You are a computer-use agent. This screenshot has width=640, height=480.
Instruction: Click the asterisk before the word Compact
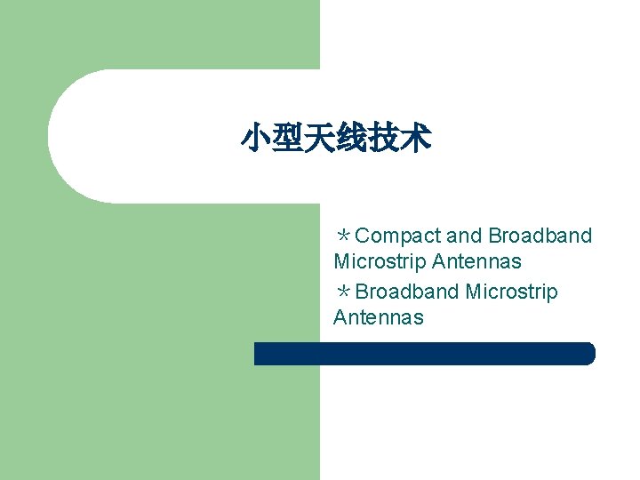[342, 236]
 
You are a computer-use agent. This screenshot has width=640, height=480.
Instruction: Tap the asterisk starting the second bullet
[342, 292]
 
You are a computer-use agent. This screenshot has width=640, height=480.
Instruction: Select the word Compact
[397, 236]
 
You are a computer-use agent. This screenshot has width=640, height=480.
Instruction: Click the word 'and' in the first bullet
[463, 236]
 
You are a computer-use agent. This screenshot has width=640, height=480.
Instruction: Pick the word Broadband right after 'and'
[540, 236]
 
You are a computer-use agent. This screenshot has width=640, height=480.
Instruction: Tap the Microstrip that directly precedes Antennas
[380, 262]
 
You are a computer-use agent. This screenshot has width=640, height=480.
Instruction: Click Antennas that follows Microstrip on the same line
[476, 262]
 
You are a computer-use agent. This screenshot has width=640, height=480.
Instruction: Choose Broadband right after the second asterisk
[407, 292]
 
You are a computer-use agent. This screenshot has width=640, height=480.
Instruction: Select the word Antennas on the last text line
[379, 318]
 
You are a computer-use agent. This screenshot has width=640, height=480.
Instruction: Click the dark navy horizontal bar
[424, 354]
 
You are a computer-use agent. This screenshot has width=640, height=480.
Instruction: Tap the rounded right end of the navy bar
[588, 354]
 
